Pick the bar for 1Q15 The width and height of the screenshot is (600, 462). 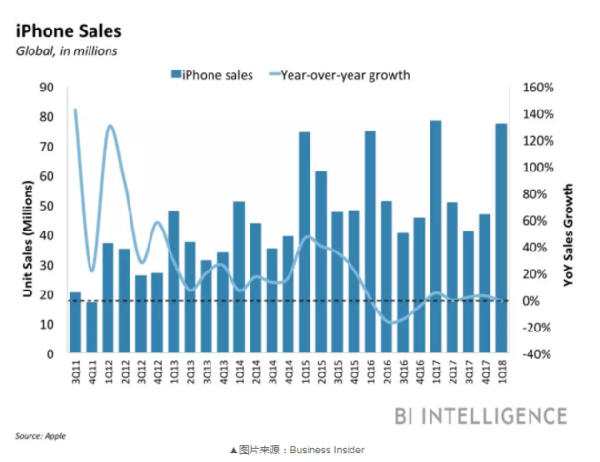coord(305,242)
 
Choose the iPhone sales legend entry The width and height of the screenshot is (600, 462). coord(211,74)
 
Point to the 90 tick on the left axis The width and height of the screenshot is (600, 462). coord(49,88)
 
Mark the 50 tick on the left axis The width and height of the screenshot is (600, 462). coord(49,206)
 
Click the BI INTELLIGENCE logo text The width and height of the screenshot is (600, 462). coord(480,415)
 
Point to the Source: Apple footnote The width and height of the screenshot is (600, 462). coord(40,435)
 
